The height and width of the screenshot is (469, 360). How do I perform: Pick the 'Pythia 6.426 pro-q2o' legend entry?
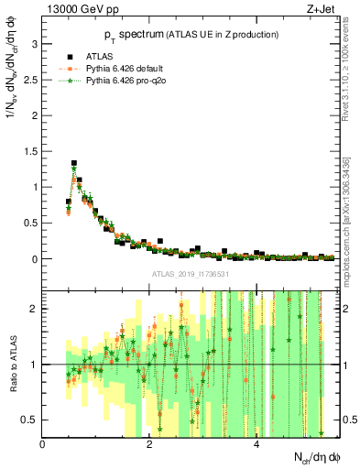point(124,80)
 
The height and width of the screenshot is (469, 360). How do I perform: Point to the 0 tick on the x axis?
point(42,443)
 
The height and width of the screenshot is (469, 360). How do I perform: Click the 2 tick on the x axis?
point(149,443)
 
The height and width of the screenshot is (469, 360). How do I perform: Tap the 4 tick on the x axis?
point(256,443)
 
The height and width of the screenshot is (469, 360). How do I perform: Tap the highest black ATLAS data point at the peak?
point(74,164)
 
